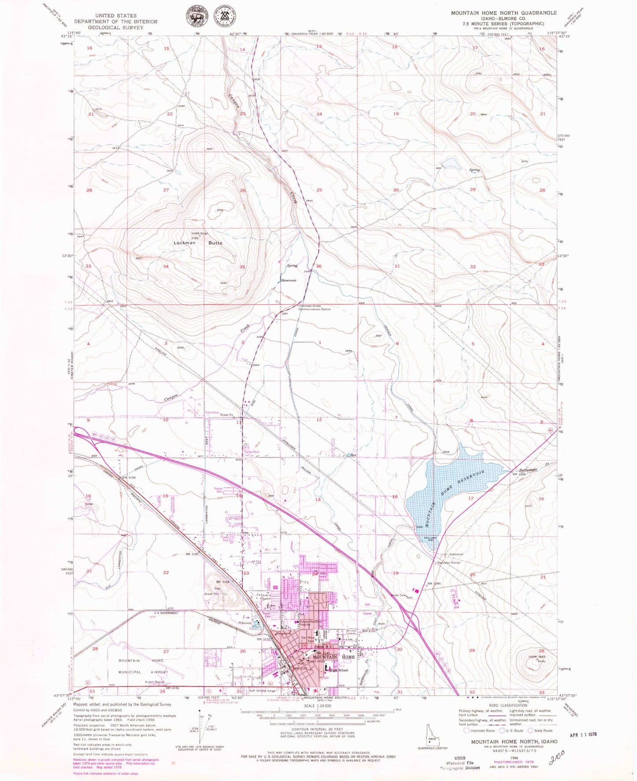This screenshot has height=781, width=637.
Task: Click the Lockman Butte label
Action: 197,243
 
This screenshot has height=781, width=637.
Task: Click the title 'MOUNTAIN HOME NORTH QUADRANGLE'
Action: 503,13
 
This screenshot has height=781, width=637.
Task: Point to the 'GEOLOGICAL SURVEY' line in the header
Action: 116,27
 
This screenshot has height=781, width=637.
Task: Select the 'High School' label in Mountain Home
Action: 339,670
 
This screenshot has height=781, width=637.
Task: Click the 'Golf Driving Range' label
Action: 262,691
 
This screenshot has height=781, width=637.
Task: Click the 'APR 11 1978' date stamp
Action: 585,735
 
